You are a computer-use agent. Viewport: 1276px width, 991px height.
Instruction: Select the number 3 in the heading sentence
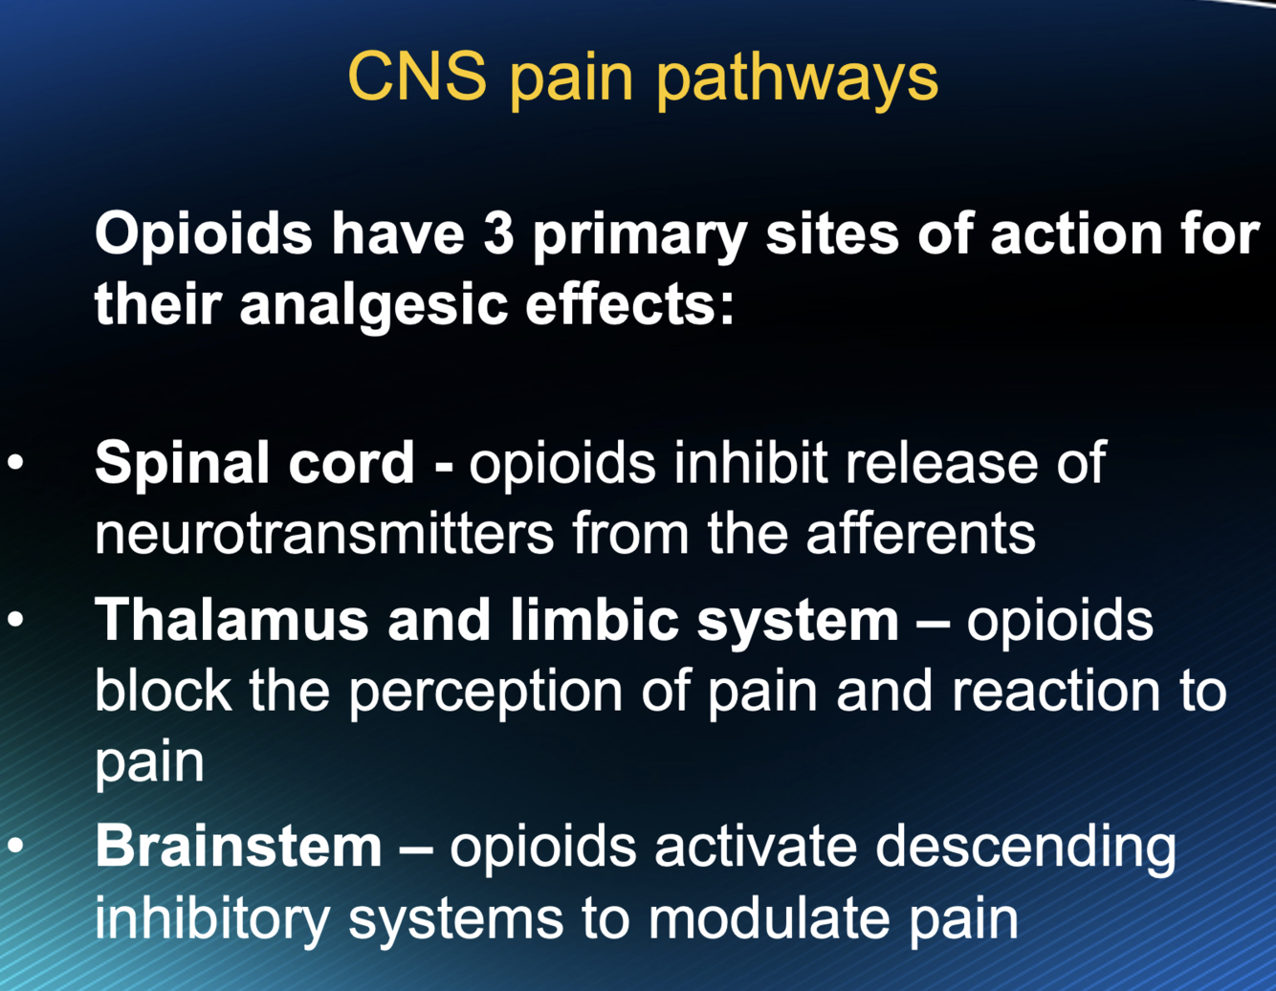(498, 233)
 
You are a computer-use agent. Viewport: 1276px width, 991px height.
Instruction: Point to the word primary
(638, 235)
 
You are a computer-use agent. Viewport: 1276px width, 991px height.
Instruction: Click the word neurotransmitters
(324, 533)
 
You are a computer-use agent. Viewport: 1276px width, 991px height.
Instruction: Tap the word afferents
(921, 533)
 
